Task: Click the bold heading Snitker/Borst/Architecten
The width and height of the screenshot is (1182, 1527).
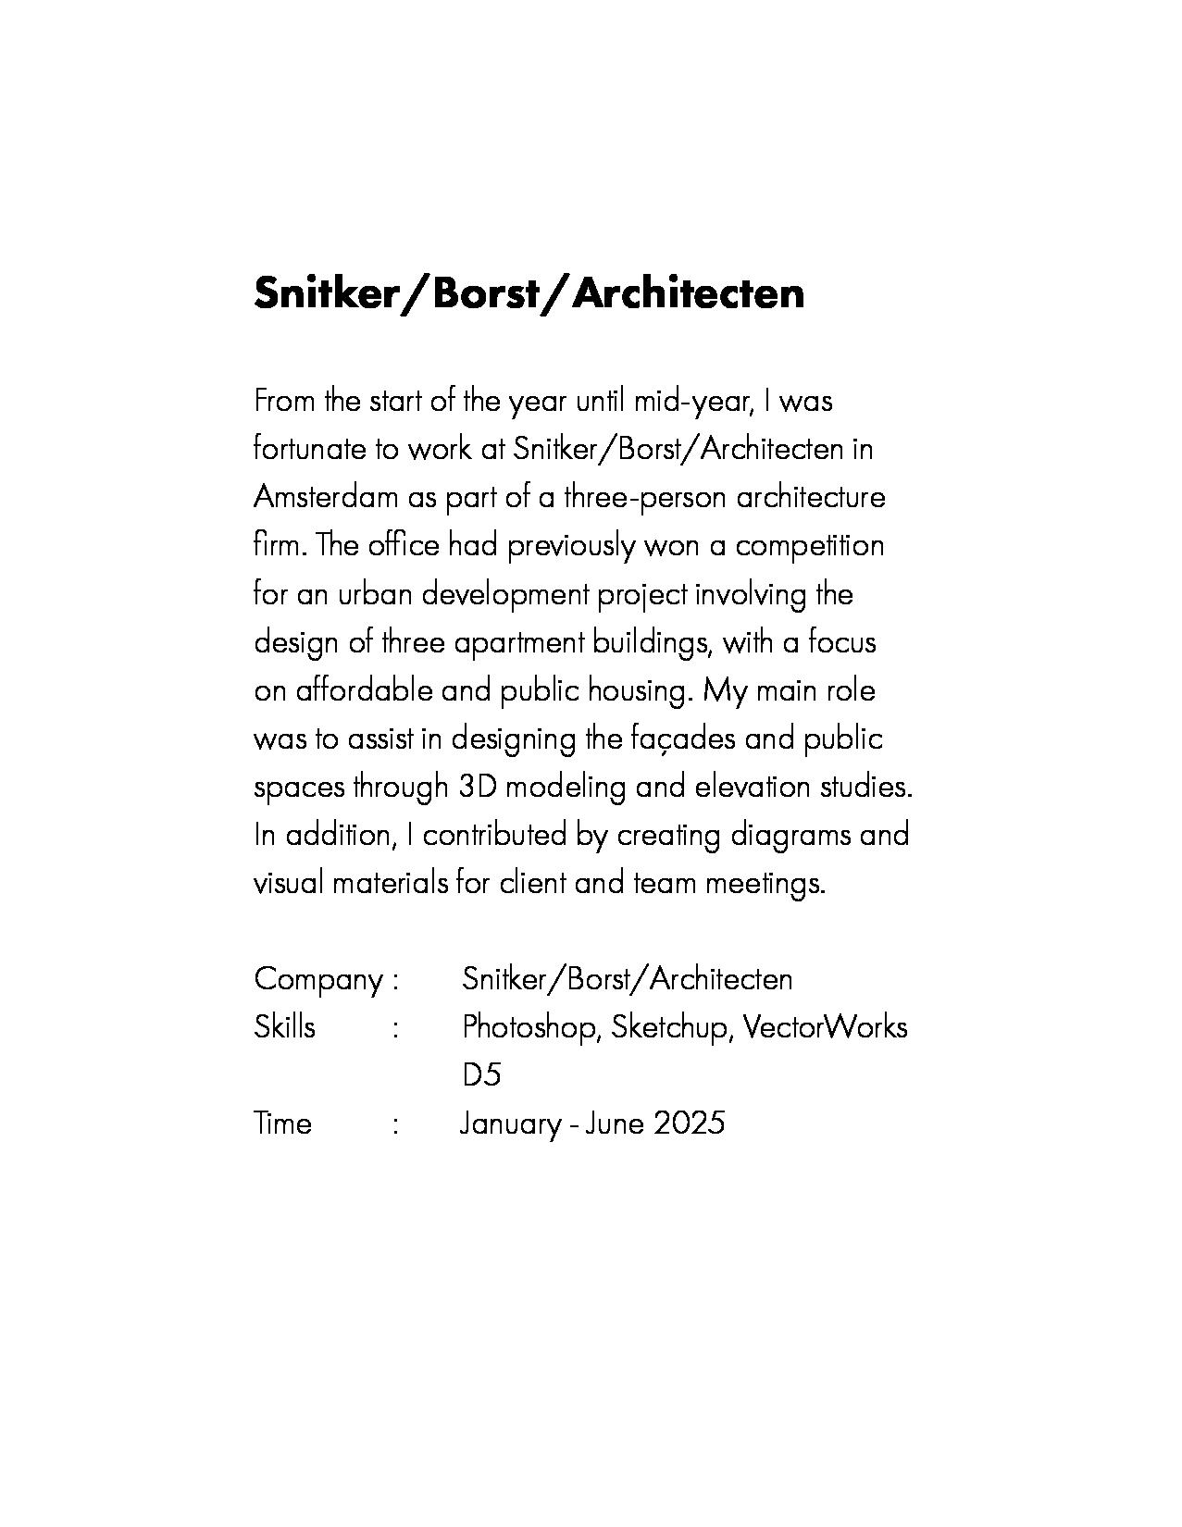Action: pos(529,293)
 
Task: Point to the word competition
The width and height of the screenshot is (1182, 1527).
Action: pos(810,545)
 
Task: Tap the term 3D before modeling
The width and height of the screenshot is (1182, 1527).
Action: pos(478,787)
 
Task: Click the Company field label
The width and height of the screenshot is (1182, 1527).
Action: pos(317,979)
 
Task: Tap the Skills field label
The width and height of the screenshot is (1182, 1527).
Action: pos(284,1027)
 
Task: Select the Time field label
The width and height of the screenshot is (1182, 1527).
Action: pos(282,1124)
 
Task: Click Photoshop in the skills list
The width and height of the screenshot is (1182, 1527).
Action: pos(530,1027)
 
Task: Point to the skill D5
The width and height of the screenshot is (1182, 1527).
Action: pos(480,1075)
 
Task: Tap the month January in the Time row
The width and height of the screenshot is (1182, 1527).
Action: pos(511,1124)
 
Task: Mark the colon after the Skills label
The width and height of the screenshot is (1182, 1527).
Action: pos(395,1028)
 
